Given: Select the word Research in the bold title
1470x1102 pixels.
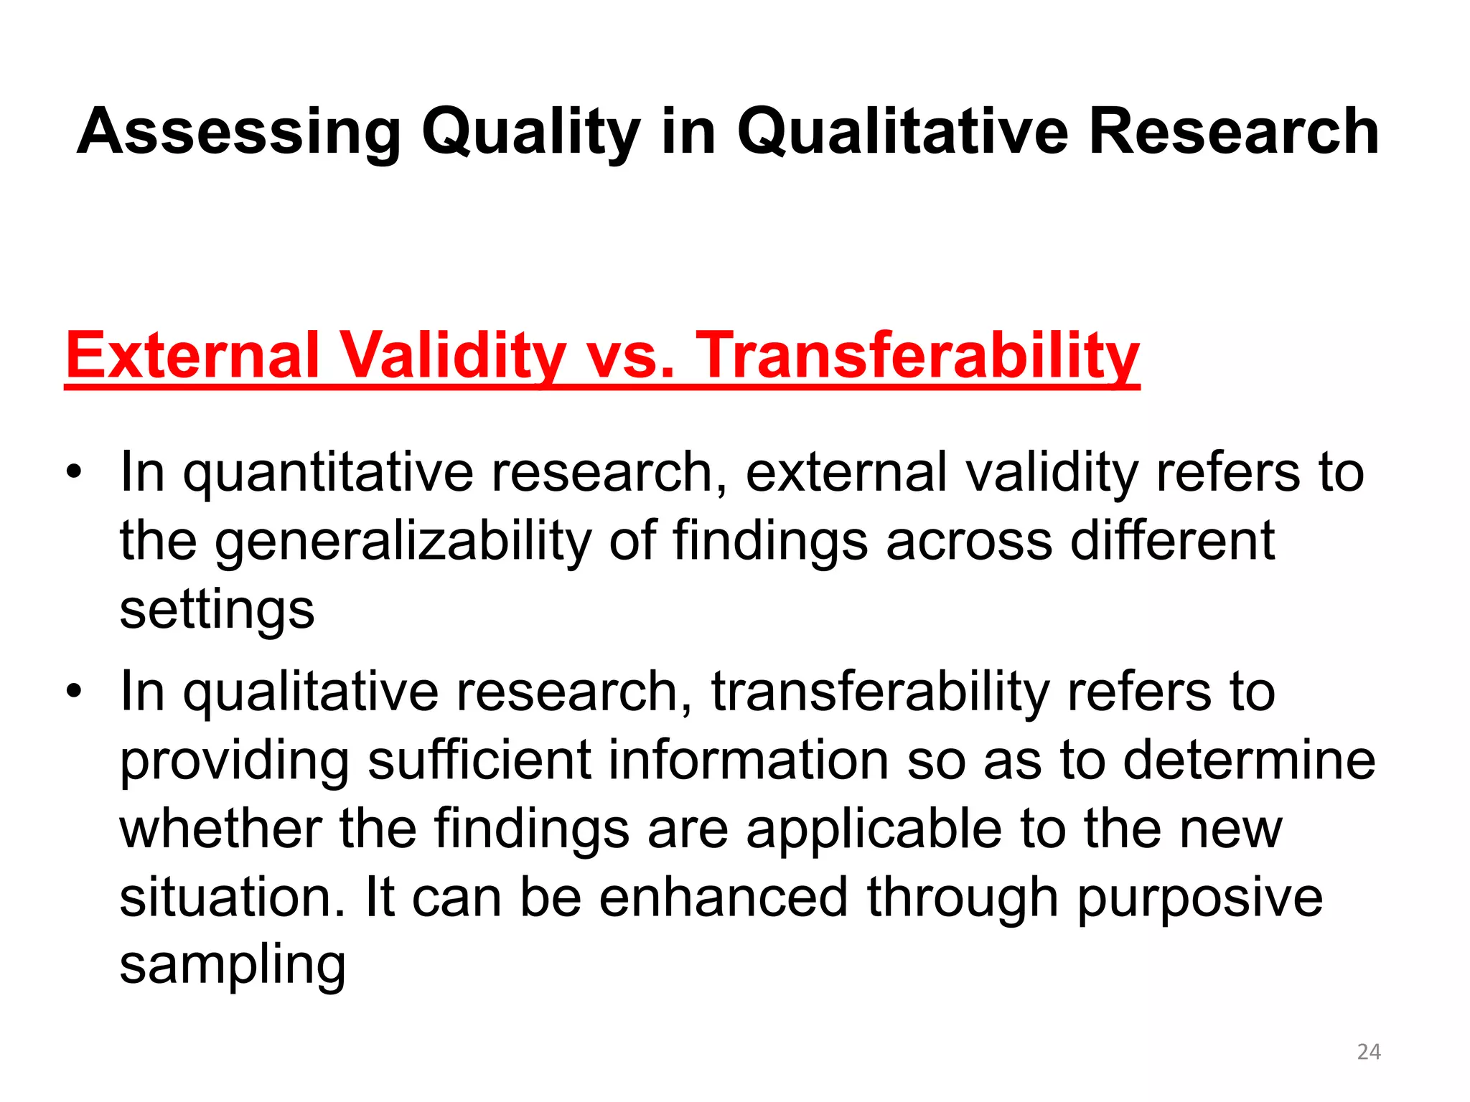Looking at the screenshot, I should [x=1233, y=133].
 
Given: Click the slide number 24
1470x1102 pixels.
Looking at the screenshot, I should [x=1369, y=1052].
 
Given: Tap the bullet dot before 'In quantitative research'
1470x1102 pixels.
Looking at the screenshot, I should [x=73, y=474].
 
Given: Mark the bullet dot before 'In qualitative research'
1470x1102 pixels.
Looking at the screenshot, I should [x=73, y=693].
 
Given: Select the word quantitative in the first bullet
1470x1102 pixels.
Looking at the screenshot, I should [x=328, y=474].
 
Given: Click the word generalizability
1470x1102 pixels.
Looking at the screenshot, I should [x=403, y=542].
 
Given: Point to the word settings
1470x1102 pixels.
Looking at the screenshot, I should [x=217, y=611].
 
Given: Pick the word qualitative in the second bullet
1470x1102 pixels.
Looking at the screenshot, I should [x=310, y=693].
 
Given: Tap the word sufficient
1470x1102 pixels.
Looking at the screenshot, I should [x=479, y=760].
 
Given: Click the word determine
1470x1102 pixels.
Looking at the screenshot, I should [x=1249, y=760].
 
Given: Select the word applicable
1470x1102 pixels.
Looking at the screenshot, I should [x=874, y=830].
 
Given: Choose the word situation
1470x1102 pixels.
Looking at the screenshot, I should [x=233, y=898].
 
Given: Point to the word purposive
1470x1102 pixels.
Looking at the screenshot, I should [x=1199, y=898].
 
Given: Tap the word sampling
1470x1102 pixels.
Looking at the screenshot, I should [x=233, y=966].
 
